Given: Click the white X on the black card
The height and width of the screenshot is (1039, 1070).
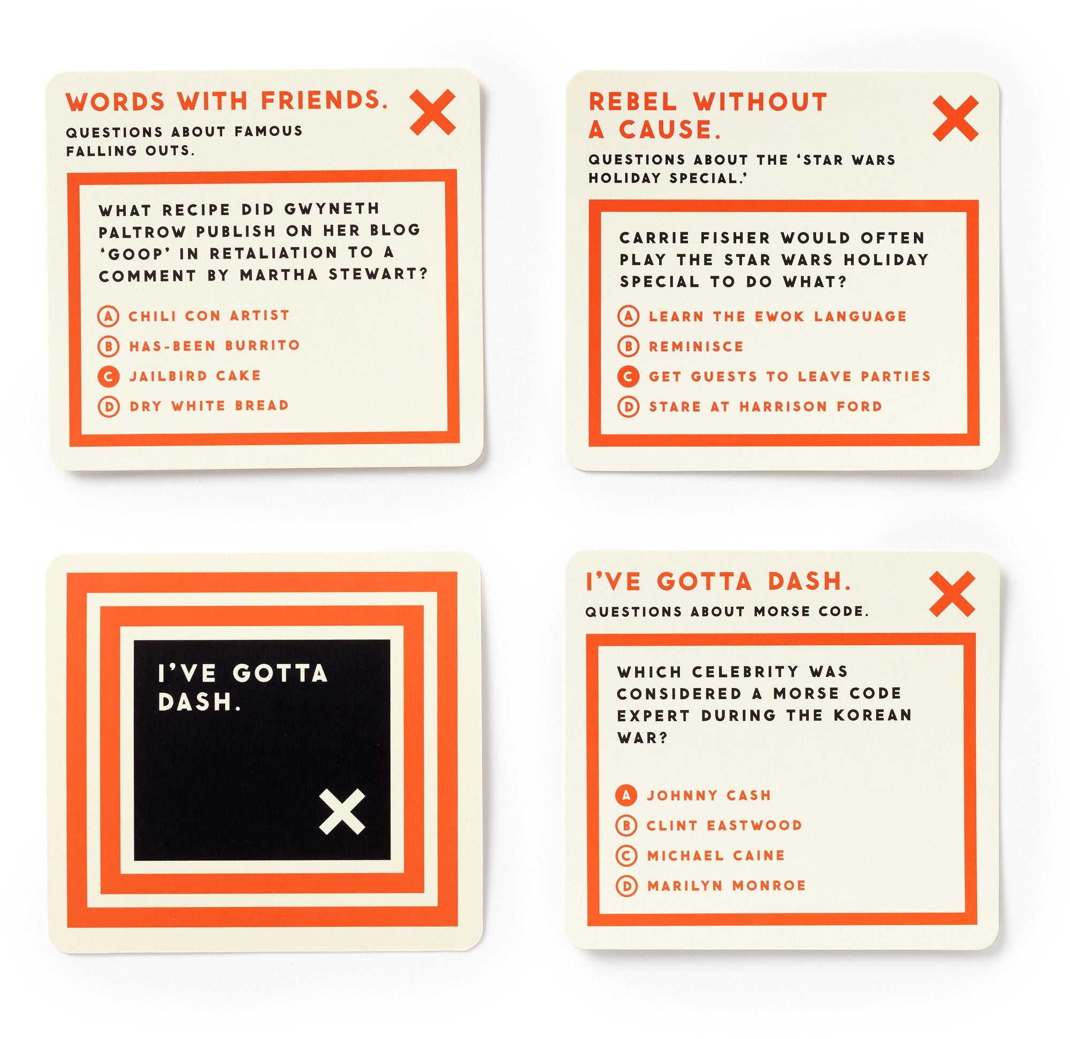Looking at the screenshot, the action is (x=342, y=812).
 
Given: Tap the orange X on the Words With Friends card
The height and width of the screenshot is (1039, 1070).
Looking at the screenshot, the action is (x=432, y=112).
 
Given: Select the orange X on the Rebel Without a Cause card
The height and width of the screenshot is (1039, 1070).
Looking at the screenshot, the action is (x=956, y=118).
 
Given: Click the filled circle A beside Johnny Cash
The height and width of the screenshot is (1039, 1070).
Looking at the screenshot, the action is (x=626, y=796).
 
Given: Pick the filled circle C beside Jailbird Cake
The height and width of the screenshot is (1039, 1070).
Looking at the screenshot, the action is (x=109, y=376).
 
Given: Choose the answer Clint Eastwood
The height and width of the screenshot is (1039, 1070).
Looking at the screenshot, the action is (x=724, y=826).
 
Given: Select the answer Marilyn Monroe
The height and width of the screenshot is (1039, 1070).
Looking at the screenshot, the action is (x=727, y=885).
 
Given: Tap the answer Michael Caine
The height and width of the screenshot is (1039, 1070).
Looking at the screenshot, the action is (x=716, y=855).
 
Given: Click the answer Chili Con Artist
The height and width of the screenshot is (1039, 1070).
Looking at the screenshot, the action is (x=209, y=316).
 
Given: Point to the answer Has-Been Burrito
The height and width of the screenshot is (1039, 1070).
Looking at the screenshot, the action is (x=215, y=346).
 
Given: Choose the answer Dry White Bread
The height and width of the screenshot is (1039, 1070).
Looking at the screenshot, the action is (x=209, y=406).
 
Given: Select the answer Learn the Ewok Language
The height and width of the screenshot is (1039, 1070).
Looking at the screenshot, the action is (x=777, y=316).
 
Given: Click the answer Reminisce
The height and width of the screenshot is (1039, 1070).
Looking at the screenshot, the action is (x=696, y=347).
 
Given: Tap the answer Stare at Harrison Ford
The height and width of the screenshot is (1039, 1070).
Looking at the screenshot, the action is (x=766, y=407).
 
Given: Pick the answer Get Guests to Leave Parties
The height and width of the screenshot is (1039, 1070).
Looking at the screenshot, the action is (x=790, y=377).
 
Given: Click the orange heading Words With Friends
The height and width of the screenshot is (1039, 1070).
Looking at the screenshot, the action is (x=227, y=102).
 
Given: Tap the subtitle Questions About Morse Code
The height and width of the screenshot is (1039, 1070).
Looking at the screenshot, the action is (x=727, y=612).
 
